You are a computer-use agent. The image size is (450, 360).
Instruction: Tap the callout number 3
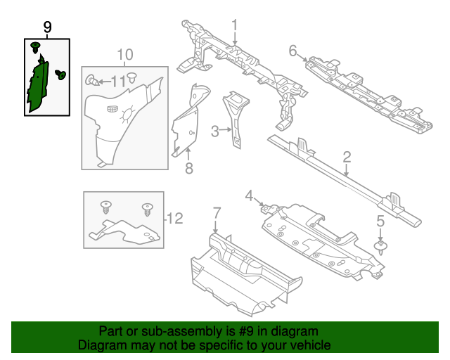(x=214, y=130)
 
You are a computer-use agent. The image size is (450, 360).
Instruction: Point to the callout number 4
(x=248, y=195)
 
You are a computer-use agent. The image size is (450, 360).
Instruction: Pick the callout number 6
(x=292, y=50)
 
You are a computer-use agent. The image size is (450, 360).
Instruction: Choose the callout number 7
(x=217, y=212)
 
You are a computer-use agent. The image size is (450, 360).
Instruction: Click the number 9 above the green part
(x=47, y=27)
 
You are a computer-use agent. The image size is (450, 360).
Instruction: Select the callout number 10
(x=124, y=54)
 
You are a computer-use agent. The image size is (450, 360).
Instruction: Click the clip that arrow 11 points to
(x=92, y=80)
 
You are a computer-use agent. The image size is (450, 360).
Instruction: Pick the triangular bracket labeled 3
(x=236, y=112)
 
